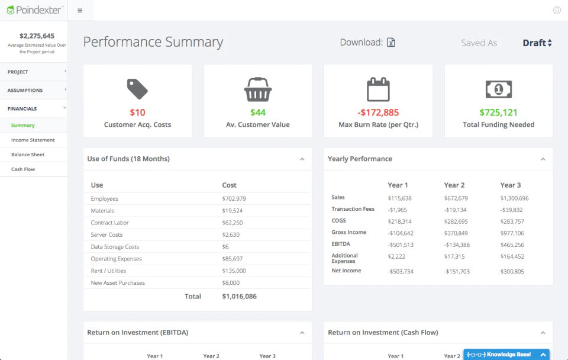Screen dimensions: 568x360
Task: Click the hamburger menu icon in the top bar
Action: pyautogui.click(x=80, y=11)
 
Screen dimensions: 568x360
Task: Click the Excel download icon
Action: pyautogui.click(x=391, y=43)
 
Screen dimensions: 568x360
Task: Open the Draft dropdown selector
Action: pyautogui.click(x=537, y=43)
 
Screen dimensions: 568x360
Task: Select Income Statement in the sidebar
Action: pyautogui.click(x=33, y=140)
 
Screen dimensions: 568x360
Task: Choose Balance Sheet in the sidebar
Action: pyautogui.click(x=28, y=155)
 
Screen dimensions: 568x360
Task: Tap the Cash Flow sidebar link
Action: pyautogui.click(x=23, y=169)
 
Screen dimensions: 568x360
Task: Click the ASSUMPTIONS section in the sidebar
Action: pyautogui.click(x=25, y=90)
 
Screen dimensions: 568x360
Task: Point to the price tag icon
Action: pyautogui.click(x=137, y=89)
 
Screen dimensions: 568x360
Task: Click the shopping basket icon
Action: pyautogui.click(x=258, y=89)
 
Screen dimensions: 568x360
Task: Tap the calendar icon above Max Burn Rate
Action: pyautogui.click(x=378, y=89)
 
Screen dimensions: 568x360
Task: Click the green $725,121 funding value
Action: pyautogui.click(x=498, y=112)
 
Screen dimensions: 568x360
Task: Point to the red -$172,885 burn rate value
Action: pyautogui.click(x=378, y=112)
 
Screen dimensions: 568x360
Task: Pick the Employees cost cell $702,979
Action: pyautogui.click(x=234, y=199)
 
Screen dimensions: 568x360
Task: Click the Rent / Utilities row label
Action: pyautogui.click(x=108, y=271)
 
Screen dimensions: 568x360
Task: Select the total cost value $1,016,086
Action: pyautogui.click(x=240, y=296)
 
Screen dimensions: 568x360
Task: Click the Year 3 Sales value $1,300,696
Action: pyautogui.click(x=514, y=198)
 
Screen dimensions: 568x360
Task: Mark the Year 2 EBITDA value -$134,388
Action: pyautogui.click(x=457, y=245)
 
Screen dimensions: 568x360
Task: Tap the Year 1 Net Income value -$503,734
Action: pyautogui.click(x=401, y=272)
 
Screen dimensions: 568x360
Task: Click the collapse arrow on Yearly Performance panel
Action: pyautogui.click(x=543, y=159)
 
